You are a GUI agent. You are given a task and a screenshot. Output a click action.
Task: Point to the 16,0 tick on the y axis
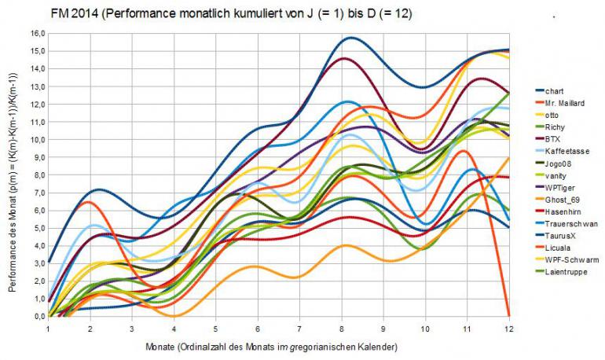point(37,33)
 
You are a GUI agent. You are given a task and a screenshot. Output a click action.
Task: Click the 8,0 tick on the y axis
point(38,174)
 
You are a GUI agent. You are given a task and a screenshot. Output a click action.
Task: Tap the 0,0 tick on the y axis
point(38,316)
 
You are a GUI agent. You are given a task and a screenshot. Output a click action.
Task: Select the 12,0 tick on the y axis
point(37,104)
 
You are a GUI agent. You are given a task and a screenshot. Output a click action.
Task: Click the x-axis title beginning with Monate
point(280,347)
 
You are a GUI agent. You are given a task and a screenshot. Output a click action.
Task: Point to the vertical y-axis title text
point(13,174)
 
